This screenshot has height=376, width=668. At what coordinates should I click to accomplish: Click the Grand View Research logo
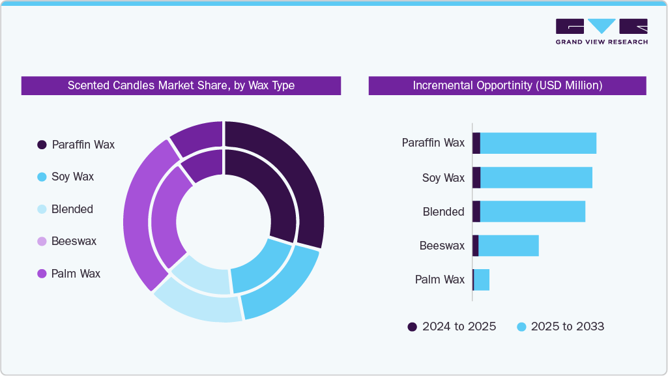coord(601,31)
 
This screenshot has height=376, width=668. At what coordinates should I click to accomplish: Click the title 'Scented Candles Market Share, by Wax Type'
coord(181,85)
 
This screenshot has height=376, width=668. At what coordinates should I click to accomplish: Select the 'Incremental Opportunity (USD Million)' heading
coord(507,85)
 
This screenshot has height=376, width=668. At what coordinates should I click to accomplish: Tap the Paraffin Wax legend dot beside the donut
coord(42,145)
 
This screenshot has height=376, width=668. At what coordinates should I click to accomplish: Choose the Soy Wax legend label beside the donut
coord(72,177)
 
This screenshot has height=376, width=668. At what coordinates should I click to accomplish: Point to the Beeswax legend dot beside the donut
coord(42,241)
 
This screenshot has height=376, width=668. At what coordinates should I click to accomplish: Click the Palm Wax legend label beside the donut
coord(76,274)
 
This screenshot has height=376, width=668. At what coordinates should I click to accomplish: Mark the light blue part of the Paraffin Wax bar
coord(538,143)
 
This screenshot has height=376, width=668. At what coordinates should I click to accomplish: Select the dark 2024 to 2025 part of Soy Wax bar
coord(476,177)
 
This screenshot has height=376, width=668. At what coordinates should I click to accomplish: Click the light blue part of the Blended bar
coord(532,212)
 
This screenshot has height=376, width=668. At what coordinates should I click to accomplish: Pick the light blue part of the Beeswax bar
coord(508,246)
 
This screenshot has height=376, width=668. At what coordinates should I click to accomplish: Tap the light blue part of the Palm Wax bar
coord(482,280)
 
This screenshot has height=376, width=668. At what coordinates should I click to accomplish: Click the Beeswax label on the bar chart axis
coord(442,246)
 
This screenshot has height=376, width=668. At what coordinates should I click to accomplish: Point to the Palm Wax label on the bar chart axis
coord(440,280)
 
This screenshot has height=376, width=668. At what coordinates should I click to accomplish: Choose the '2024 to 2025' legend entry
coord(452,326)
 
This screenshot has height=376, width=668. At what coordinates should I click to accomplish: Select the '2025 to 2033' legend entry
coord(560,326)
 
